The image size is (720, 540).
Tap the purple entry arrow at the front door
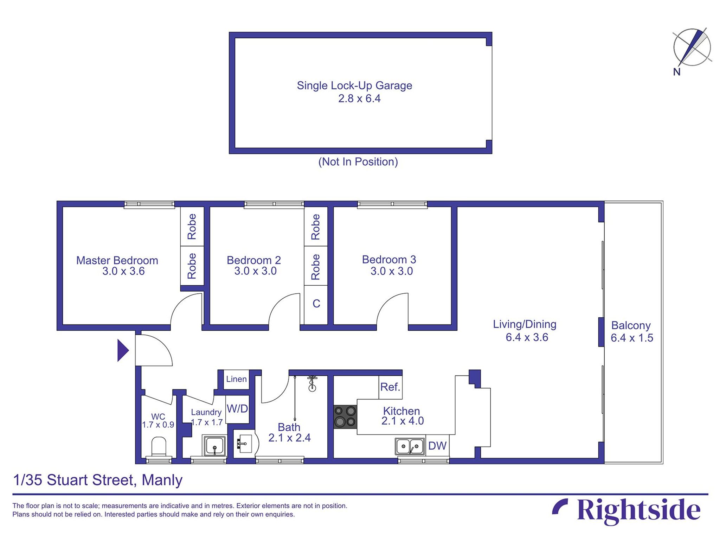(122, 350)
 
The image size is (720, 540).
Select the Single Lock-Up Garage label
(354, 85)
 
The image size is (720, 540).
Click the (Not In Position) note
(358, 162)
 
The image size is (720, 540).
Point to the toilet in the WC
(159, 446)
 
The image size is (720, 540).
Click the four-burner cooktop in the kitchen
(345, 417)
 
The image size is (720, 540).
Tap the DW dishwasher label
(437, 446)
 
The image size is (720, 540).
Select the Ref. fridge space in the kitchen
(390, 387)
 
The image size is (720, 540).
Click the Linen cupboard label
(236, 379)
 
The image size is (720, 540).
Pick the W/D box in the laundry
(237, 409)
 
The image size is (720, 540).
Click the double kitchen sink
(410, 446)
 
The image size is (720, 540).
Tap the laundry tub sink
(214, 446)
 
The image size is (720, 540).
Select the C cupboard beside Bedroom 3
(316, 304)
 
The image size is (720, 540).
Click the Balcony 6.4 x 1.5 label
(631, 331)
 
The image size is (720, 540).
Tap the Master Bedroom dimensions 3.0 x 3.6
(123, 271)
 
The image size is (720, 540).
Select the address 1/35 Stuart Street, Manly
(98, 480)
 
